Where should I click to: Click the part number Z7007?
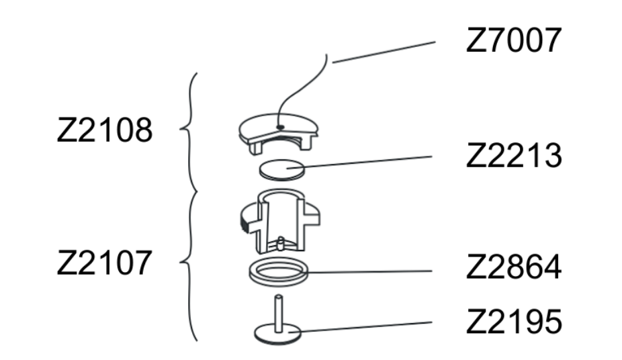[x=514, y=40]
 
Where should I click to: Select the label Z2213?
[x=514, y=156]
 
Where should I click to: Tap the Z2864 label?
[x=514, y=267]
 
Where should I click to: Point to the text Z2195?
[x=514, y=322]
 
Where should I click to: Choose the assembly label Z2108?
[x=105, y=130]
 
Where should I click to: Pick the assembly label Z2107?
[x=105, y=263]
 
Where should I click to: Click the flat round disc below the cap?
[x=282, y=170]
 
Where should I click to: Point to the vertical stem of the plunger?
[x=279, y=313]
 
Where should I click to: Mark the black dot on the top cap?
[x=281, y=127]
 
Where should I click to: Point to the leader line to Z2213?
[x=359, y=163]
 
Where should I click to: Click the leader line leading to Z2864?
[x=369, y=271]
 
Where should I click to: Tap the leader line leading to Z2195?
[x=361, y=327]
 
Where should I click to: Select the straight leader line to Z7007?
[x=384, y=52]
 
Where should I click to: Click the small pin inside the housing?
[x=281, y=243]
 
